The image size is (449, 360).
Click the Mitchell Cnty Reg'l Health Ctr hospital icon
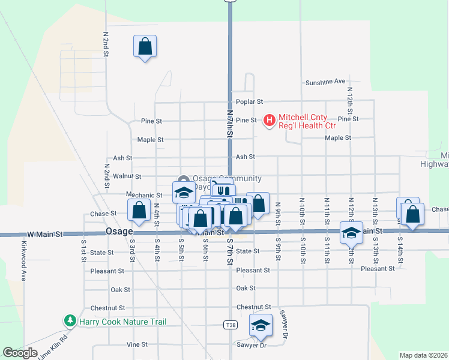click(270, 121)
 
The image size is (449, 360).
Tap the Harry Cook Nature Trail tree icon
click(70, 322)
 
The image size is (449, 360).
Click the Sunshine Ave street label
click(325, 82)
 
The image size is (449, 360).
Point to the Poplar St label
click(250, 102)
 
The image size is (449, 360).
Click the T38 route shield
click(230, 325)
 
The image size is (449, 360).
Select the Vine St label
click(137, 344)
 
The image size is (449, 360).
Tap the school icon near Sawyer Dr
click(261, 325)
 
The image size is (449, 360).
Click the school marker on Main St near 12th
click(351, 232)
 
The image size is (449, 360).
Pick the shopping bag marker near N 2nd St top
click(145, 46)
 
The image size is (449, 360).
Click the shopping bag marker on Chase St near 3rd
click(139, 210)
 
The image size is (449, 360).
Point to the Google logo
click(20, 353)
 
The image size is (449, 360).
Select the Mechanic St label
click(144, 195)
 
